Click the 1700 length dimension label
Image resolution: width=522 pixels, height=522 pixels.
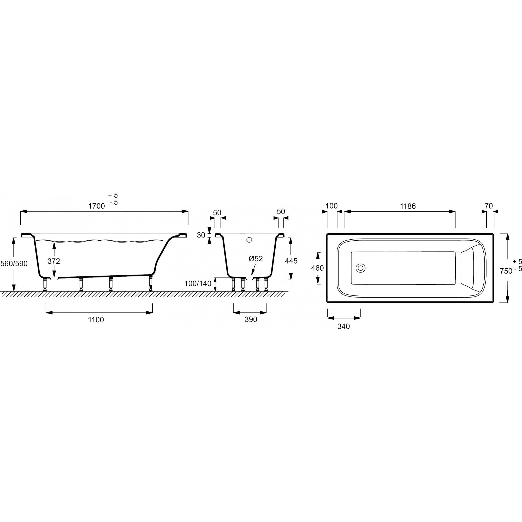point(97,206)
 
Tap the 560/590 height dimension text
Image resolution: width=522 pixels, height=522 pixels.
point(14,263)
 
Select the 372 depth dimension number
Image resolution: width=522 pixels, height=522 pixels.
point(54,261)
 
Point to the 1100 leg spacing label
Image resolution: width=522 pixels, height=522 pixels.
point(96,320)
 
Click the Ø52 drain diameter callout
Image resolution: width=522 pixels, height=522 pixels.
point(256,259)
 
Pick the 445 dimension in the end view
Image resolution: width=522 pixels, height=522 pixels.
point(291,261)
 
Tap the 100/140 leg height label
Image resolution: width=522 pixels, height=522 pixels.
point(198,284)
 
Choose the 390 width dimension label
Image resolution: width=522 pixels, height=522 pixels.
point(251,320)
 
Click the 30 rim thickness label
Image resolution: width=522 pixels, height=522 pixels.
point(201,235)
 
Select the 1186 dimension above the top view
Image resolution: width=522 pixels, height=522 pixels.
point(408,206)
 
